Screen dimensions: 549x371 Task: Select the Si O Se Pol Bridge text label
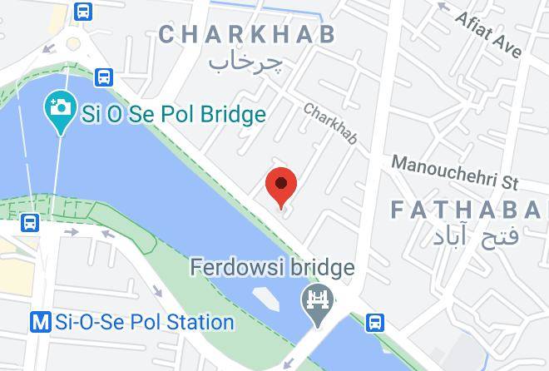click(173, 114)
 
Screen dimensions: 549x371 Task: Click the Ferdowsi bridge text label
click(272, 268)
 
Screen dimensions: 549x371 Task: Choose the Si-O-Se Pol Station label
click(143, 322)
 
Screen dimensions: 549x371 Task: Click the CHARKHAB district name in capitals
click(247, 34)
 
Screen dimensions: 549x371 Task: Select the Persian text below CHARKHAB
click(245, 62)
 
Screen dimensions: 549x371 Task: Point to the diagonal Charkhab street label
click(330, 123)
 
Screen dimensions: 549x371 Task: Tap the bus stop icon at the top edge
click(82, 10)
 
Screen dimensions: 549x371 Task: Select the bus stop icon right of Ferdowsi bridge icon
click(376, 321)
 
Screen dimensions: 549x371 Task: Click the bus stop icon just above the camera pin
click(104, 77)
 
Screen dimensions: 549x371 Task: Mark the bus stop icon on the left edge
click(30, 223)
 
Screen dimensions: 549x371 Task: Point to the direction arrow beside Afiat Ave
click(444, 10)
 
